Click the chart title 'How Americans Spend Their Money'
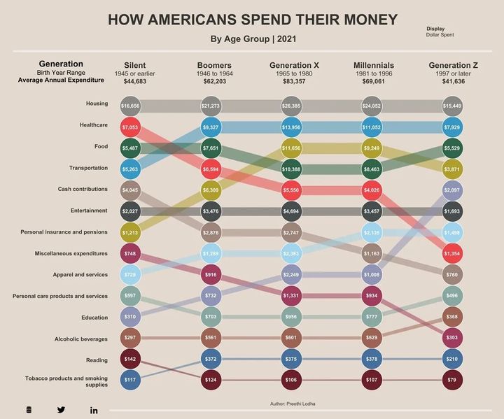(252, 20)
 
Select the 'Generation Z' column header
(453, 65)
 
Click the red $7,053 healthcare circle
(130, 127)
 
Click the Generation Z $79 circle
(453, 381)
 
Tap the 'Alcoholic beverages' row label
(81, 339)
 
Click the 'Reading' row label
(97, 360)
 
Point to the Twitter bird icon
(61, 410)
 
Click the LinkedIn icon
(94, 410)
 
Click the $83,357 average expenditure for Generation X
(294, 82)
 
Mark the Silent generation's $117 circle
(130, 381)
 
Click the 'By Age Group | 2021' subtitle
(252, 38)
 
